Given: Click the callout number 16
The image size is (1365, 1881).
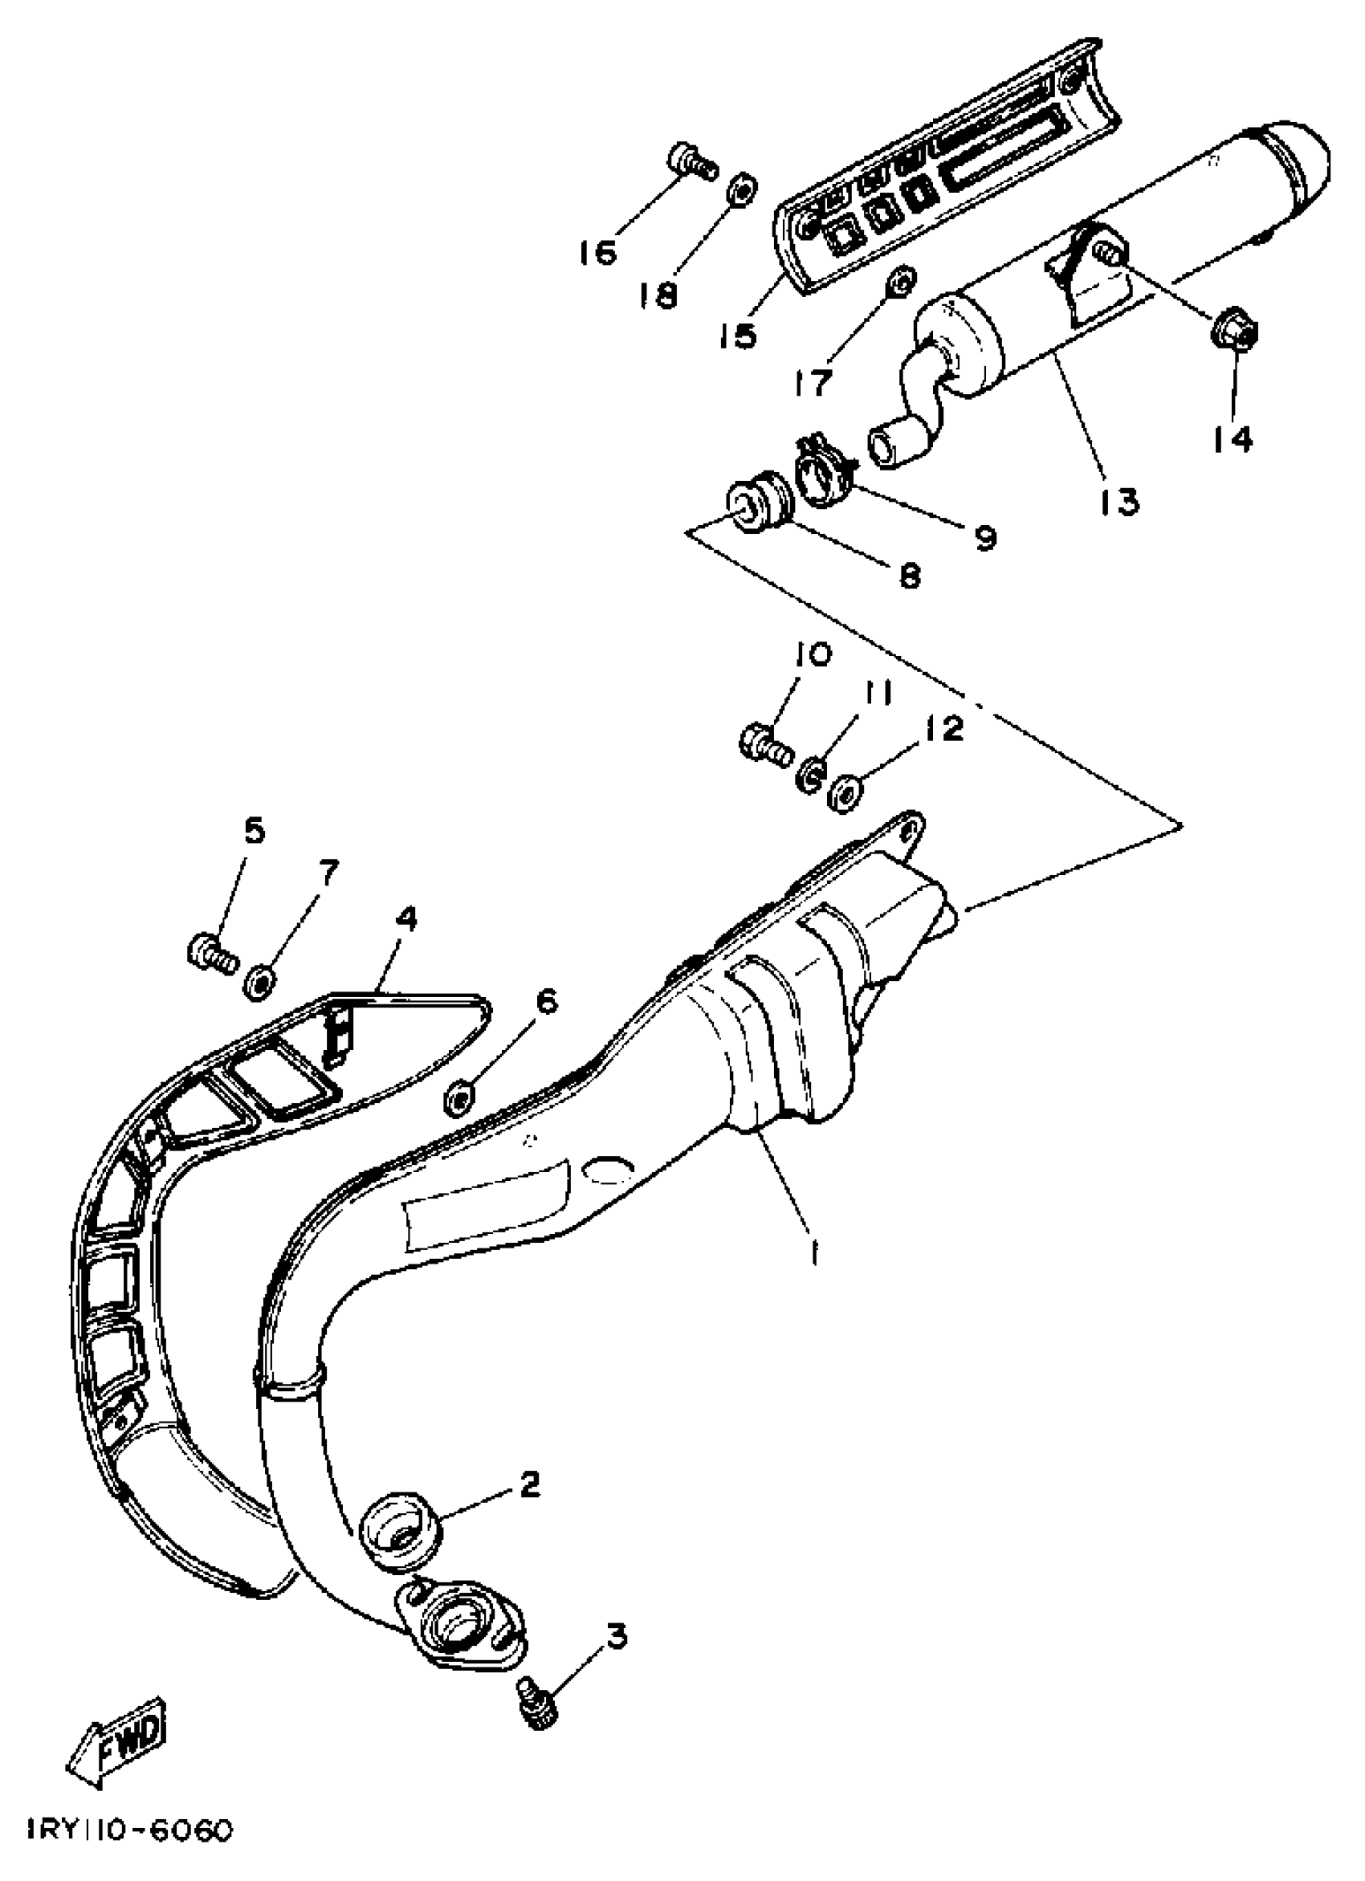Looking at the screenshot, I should (x=598, y=251).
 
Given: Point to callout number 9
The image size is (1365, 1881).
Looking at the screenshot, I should (x=984, y=538).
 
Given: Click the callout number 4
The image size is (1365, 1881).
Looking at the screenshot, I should (x=406, y=918).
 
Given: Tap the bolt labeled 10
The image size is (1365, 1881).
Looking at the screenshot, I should (x=762, y=743).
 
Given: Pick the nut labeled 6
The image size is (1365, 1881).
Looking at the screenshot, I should (x=460, y=1099).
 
